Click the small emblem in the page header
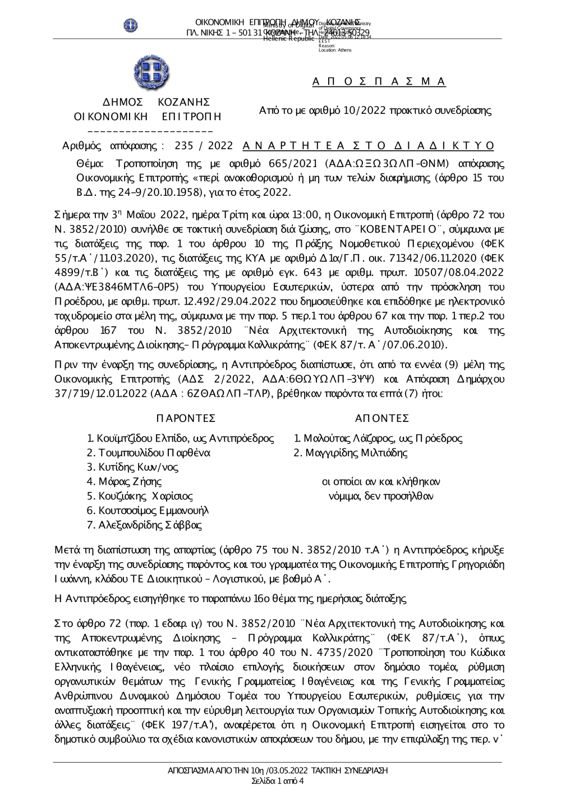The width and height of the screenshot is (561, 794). (x=131, y=25)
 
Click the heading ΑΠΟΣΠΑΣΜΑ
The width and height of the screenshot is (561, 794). (x=379, y=82)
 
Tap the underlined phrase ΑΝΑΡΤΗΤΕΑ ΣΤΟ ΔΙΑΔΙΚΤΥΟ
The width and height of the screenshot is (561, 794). (x=369, y=146)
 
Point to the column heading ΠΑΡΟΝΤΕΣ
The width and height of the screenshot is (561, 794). (x=186, y=419)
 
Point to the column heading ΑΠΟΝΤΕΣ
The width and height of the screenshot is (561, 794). (x=382, y=419)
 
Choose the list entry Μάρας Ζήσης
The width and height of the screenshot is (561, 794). (x=124, y=481)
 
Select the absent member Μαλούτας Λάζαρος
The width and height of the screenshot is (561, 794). (x=345, y=438)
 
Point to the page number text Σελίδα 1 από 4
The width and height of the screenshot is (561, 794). (x=278, y=781)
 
